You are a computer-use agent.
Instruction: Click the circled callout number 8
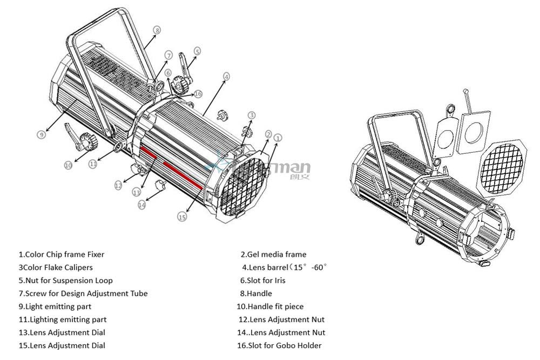[x=157, y=30]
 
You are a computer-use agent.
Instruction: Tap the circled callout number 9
[x=41, y=135]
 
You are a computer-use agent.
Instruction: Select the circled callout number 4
[x=226, y=76]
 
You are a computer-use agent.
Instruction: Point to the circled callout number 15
[x=182, y=216]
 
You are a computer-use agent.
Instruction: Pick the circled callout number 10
[x=68, y=166]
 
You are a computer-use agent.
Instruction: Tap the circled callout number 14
[x=141, y=205]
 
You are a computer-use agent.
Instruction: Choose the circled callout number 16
[x=198, y=94]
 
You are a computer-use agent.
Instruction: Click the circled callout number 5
[x=197, y=51]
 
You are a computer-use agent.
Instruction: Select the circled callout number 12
[x=118, y=185]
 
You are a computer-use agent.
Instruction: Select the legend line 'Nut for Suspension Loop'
[x=65, y=281]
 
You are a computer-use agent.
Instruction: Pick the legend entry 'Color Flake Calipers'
[x=56, y=268]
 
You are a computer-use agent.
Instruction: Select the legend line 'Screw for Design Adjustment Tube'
[x=83, y=294]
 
